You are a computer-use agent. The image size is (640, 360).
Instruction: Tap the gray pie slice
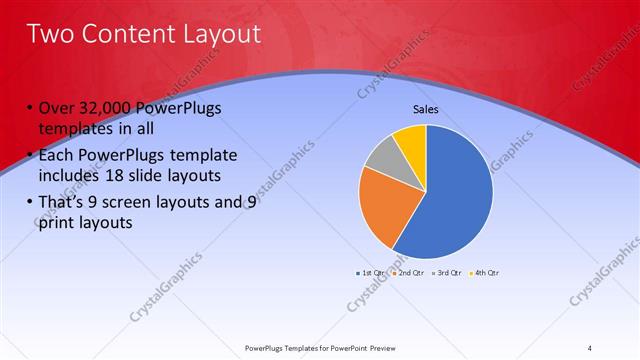coord(384,154)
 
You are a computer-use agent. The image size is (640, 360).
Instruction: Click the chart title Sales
coord(426,109)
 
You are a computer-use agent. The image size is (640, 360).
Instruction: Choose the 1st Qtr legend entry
coord(371,272)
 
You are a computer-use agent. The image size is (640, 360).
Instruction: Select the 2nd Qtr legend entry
coord(410,272)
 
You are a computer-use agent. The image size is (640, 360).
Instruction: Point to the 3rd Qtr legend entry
coord(448,272)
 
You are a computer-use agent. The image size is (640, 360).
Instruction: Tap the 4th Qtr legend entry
coord(485,272)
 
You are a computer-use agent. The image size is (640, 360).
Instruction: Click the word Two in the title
coord(49,34)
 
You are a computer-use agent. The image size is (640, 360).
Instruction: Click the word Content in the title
coord(127,34)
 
